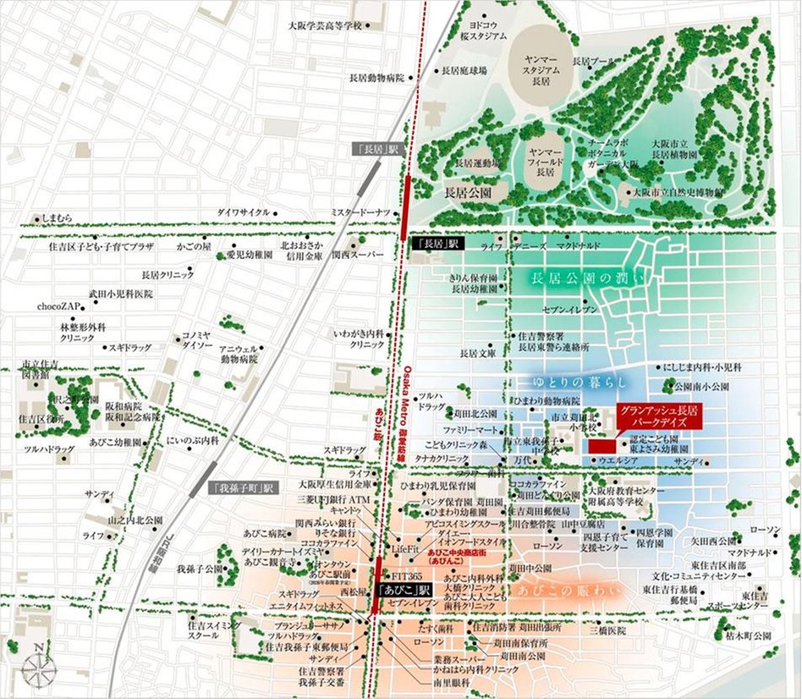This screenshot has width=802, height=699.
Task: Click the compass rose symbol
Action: (x=38, y=666)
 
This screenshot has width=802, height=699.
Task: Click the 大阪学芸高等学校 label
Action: (x=324, y=25)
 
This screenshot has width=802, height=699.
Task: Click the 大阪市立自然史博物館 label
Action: (x=680, y=193)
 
